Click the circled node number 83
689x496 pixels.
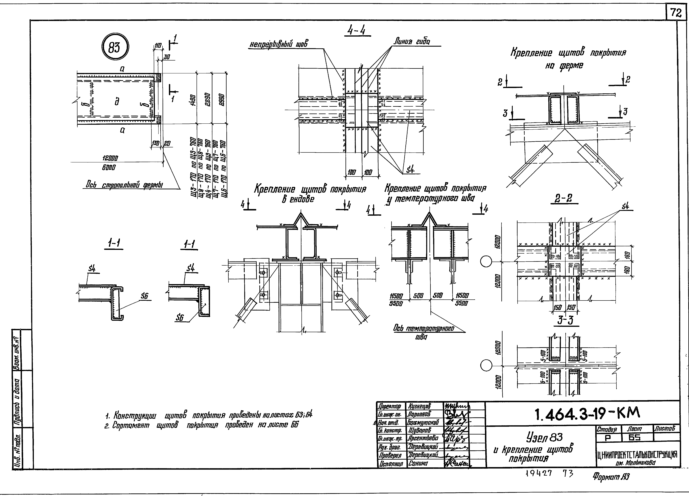[115, 48]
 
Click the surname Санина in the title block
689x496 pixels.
[418, 463]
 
